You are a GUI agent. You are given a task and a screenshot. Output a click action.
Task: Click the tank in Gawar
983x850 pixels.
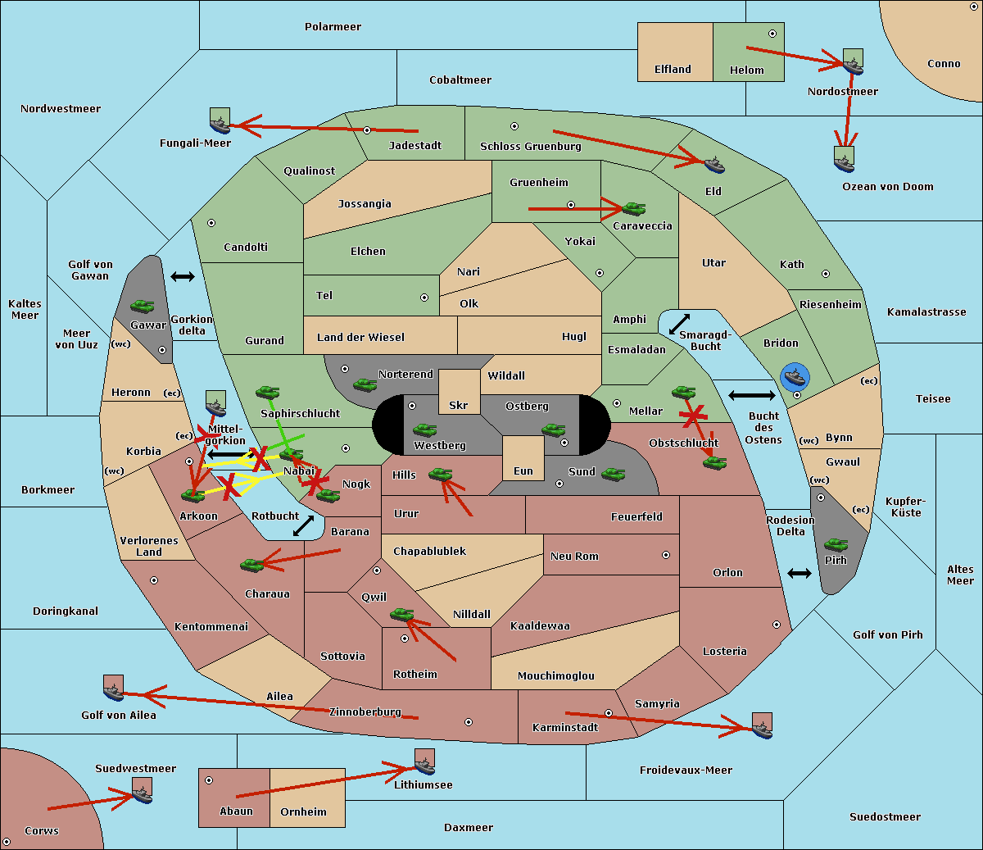(143, 307)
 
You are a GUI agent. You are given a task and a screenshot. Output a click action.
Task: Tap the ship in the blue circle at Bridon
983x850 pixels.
(795, 377)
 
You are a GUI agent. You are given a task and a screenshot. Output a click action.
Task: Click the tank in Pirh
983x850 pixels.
(836, 544)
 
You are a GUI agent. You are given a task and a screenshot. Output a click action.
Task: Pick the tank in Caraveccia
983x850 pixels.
(633, 208)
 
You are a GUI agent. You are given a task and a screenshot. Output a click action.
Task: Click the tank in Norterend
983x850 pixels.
(365, 384)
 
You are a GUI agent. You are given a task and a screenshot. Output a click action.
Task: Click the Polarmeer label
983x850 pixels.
(333, 27)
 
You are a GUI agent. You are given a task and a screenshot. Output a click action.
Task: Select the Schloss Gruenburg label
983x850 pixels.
(531, 146)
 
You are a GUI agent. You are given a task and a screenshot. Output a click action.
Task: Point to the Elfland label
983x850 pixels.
(673, 70)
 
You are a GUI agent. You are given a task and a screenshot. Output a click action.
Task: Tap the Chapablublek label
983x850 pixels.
(429, 551)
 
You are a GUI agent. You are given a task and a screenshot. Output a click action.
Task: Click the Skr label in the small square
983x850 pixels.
(458, 405)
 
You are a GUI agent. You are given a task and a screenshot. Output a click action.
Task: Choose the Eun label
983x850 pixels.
(523, 470)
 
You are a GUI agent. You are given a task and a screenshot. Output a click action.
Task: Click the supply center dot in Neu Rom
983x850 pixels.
(666, 555)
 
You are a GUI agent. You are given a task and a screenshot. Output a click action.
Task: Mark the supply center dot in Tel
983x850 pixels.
(424, 298)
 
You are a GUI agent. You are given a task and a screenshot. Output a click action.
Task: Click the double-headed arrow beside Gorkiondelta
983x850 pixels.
(183, 276)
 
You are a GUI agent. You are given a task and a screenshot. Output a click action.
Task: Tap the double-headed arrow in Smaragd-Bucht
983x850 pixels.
(679, 324)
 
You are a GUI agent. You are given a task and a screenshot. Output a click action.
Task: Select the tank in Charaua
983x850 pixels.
(252, 565)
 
